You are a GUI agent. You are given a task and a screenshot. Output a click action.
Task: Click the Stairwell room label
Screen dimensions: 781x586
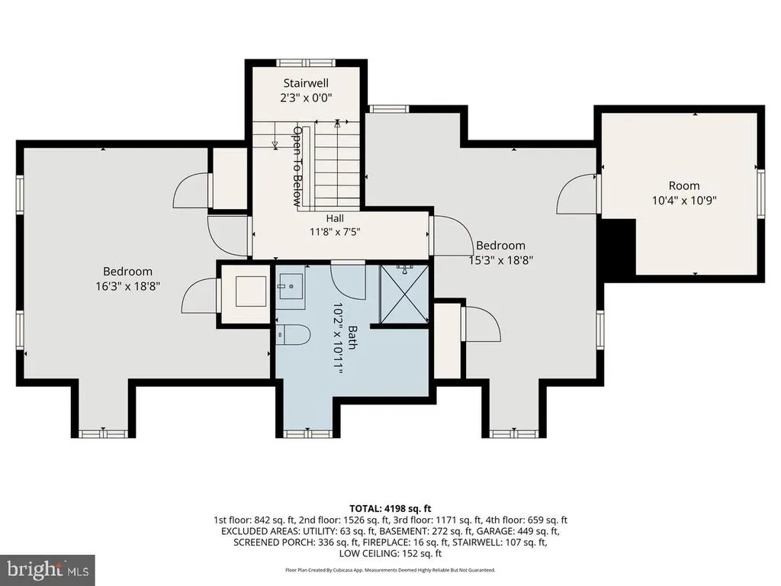[x=306, y=82]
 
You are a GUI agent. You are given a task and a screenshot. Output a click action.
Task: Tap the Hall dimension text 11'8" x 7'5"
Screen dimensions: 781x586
[x=335, y=232]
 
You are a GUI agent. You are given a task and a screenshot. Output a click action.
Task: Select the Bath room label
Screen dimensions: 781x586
[x=352, y=337]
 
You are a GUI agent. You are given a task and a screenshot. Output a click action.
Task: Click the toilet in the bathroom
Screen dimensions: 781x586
[x=294, y=334]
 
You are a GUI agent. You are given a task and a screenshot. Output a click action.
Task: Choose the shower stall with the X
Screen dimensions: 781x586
[x=404, y=294]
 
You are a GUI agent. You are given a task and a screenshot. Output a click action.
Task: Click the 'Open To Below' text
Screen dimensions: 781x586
[x=297, y=166]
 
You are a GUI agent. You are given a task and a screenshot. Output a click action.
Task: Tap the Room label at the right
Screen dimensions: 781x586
[x=684, y=185]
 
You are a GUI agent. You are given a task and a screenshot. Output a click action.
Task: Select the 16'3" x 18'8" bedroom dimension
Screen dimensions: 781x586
[x=127, y=287]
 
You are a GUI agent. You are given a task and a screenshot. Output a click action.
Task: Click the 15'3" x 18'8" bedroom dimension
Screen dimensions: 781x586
[x=500, y=260]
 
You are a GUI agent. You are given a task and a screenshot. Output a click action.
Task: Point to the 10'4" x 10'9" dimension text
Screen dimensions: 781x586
[x=684, y=201]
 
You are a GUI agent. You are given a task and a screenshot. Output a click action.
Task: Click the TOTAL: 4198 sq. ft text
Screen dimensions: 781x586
[x=390, y=509]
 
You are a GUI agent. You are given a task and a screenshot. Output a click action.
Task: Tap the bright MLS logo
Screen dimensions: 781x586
[x=47, y=569]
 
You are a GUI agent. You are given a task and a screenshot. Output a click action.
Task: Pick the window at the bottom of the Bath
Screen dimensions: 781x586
[x=308, y=433]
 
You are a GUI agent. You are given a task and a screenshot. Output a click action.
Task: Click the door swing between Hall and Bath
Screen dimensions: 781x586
[x=348, y=279]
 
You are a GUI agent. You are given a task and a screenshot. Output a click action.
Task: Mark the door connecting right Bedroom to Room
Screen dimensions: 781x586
[x=577, y=193]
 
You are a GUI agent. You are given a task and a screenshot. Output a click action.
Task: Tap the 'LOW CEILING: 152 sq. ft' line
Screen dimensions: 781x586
[x=390, y=553]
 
